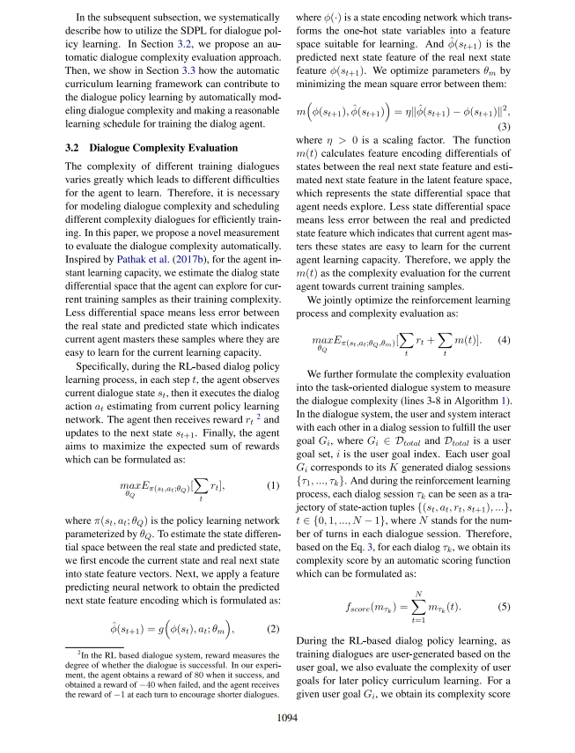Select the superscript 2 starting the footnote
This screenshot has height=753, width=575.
point(78,654)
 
